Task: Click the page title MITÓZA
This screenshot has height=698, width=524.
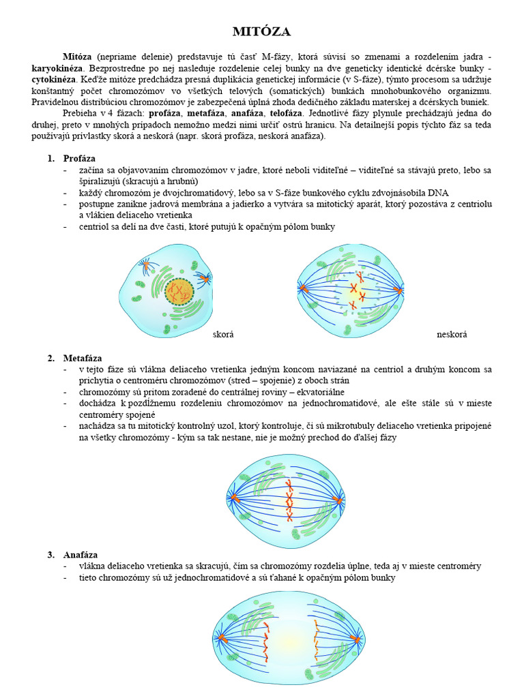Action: point(262,32)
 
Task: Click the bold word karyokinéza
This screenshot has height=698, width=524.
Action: point(57,69)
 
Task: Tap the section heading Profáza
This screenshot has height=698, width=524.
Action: point(79,159)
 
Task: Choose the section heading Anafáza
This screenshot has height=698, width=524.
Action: point(80,555)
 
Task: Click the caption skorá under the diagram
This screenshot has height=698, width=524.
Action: point(223,335)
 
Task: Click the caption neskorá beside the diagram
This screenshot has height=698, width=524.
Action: point(452,335)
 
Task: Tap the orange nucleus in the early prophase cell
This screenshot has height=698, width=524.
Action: point(179,292)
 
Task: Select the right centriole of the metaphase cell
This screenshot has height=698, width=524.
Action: point(339,501)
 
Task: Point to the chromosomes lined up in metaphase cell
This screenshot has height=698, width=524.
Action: point(289,501)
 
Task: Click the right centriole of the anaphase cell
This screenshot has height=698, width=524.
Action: point(356,640)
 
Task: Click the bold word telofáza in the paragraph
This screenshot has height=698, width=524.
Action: point(286,112)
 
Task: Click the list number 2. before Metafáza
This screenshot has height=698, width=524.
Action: point(50,359)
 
